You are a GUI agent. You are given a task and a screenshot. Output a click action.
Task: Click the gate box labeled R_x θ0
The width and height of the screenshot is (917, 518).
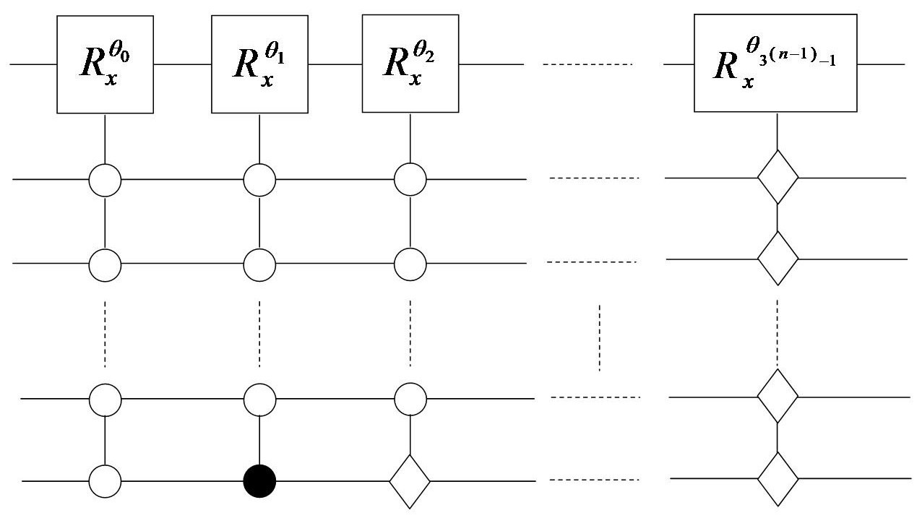point(106,64)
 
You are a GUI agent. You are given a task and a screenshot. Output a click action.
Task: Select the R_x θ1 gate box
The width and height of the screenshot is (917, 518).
point(259,64)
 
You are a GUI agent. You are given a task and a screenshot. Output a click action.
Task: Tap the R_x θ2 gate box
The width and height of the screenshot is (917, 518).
point(410,64)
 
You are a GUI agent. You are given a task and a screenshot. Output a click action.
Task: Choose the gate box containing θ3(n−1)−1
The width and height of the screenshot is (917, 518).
point(776,64)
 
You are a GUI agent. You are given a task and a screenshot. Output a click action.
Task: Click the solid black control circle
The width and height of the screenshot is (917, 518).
point(259,480)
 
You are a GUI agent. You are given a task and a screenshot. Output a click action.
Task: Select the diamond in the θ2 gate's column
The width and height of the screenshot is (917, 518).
point(410,480)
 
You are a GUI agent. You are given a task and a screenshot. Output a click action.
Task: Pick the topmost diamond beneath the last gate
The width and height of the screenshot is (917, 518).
point(778,177)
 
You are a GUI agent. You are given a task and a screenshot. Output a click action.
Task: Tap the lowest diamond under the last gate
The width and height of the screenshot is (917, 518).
point(778,479)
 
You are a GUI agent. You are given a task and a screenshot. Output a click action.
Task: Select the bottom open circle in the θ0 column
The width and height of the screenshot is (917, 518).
point(106,480)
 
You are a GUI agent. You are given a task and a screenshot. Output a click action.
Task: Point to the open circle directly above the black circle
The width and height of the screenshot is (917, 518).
point(259,398)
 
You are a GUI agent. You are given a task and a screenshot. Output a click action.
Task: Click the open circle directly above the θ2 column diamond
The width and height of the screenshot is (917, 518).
point(410,398)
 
